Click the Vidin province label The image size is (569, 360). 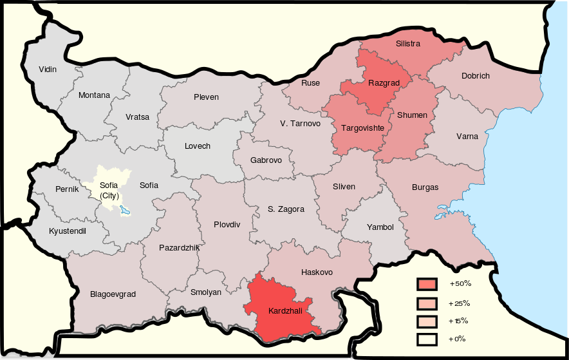click(x=48, y=69)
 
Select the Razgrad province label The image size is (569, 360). click(x=384, y=82)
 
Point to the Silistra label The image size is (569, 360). click(x=408, y=44)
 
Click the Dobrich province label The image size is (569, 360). click(x=475, y=76)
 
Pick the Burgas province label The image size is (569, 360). click(x=425, y=187)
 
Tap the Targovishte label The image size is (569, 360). click(x=362, y=128)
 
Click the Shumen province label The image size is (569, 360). click(x=412, y=115)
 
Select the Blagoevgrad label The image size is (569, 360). click(x=113, y=294)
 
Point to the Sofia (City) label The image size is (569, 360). click(x=109, y=190)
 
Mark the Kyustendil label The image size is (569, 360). click(x=68, y=231)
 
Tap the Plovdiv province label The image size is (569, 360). click(x=227, y=225)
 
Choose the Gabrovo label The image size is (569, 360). click(x=266, y=160)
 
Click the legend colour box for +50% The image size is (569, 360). click(x=427, y=284)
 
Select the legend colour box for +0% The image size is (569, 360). click(x=427, y=339)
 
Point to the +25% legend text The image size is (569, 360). click(x=460, y=303)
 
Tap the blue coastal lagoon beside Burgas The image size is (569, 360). click(x=445, y=211)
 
